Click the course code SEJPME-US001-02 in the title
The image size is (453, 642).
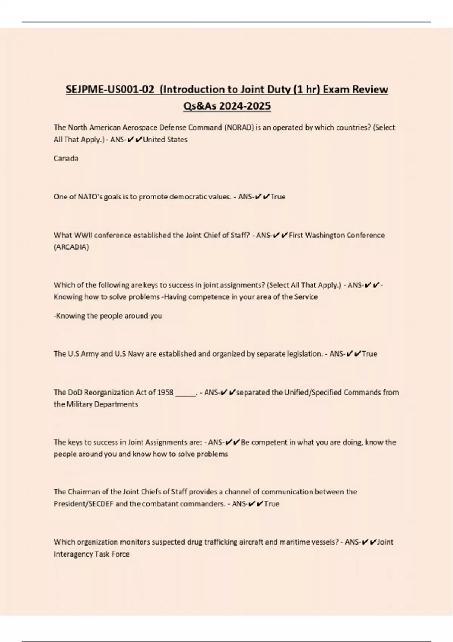[x=110, y=90]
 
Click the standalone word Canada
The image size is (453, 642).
[x=66, y=159]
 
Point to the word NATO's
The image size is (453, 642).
[x=90, y=197]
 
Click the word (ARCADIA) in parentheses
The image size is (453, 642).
[x=71, y=247]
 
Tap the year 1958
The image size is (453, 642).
[x=165, y=392]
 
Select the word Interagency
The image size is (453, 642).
[x=72, y=554]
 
